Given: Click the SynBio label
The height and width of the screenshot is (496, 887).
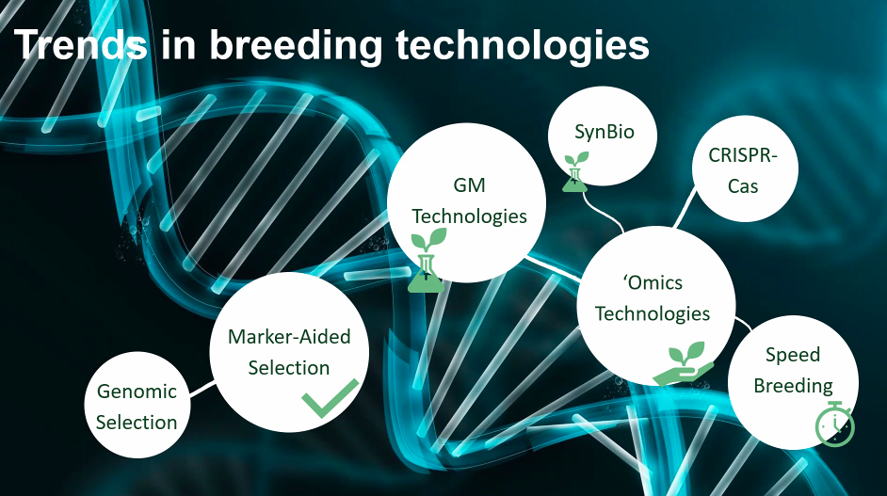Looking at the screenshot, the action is [x=605, y=132].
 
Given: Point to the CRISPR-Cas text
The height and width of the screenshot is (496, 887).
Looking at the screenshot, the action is [x=743, y=170].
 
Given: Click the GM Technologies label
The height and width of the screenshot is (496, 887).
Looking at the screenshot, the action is [x=469, y=200].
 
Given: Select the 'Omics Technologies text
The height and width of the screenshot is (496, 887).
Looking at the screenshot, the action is [x=653, y=297].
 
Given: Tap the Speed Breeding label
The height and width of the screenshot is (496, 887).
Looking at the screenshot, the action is [x=793, y=370].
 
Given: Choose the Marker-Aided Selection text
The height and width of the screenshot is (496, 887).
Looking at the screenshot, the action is [x=289, y=352].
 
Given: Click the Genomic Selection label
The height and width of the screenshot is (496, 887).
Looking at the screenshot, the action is [x=137, y=407].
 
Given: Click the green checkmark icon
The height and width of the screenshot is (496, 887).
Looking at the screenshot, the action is [x=330, y=398].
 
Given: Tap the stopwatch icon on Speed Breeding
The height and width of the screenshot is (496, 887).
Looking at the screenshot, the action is [x=835, y=424].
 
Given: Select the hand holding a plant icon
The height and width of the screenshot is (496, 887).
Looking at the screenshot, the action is [x=684, y=363].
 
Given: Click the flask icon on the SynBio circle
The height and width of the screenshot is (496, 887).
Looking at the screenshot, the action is [x=575, y=171].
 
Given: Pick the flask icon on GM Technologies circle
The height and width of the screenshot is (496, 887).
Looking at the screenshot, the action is [x=427, y=261].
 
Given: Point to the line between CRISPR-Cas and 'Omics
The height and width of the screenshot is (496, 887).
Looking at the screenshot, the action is [x=685, y=209].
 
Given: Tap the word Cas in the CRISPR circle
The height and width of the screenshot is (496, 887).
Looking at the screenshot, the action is [x=743, y=186].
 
